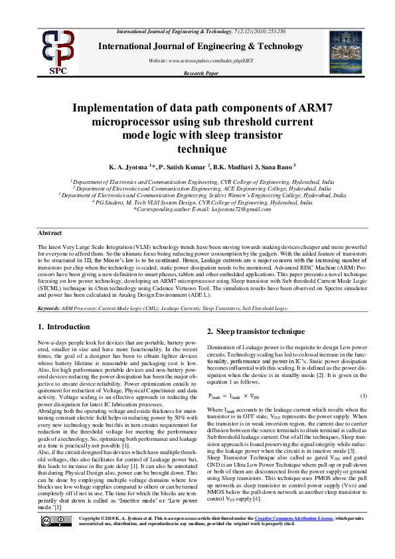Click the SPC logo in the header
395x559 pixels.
coord(58,52)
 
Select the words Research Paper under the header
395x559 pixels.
coord(200,73)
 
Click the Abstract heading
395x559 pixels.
coord(50,233)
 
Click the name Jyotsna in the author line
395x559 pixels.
coord(135,167)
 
